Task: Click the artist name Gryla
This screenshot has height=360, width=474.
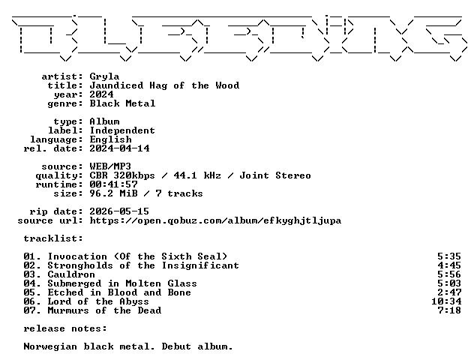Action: point(104,76)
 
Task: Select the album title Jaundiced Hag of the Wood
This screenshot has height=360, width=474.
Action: point(164,85)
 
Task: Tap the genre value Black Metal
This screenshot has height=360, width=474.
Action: point(122,103)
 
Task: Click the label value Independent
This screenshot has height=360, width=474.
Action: point(122,131)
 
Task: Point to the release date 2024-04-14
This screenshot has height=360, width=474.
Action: point(119,148)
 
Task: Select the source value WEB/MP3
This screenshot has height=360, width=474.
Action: point(110,166)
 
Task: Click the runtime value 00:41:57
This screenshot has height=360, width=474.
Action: point(113,184)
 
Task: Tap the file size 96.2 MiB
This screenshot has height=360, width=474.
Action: point(113,193)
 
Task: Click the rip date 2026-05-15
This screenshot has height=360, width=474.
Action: point(119,211)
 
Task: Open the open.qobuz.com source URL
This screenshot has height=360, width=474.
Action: point(215,221)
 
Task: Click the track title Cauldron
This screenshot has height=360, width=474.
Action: point(71,274)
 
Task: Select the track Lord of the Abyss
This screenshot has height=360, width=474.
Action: point(98,301)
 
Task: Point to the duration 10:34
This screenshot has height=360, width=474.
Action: point(446,301)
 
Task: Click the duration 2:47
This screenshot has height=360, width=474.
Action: point(449,292)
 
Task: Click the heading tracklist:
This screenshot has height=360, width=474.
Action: point(53,238)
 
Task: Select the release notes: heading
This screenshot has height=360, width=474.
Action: point(65,328)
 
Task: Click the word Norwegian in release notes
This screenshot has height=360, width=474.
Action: point(50,347)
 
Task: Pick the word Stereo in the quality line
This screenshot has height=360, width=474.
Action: point(293,175)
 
